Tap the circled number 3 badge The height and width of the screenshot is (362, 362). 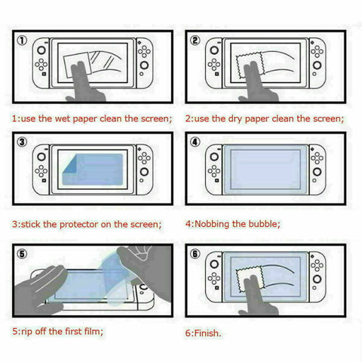tap(23, 143)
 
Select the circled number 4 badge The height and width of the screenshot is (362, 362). tap(196, 143)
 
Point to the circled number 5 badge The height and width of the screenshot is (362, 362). tap(23, 254)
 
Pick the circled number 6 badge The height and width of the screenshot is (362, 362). tap(196, 254)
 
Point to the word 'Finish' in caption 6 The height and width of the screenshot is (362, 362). tap(210, 331)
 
